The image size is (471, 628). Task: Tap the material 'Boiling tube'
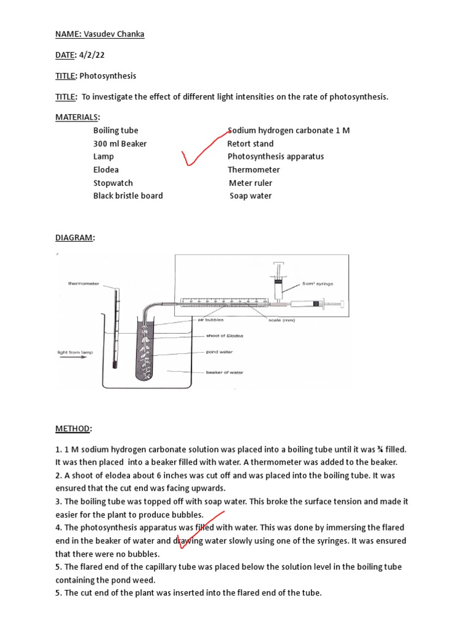pyautogui.click(x=116, y=131)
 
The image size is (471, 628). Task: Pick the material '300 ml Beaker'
pyautogui.click(x=120, y=144)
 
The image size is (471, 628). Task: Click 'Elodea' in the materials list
pyautogui.click(x=106, y=170)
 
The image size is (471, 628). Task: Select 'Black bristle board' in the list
pyautogui.click(x=128, y=196)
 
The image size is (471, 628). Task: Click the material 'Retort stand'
pyautogui.click(x=250, y=144)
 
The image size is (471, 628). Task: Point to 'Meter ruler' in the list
pyautogui.click(x=250, y=183)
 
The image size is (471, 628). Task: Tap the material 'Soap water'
pyautogui.click(x=250, y=196)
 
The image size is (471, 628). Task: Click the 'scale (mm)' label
pyautogui.click(x=282, y=320)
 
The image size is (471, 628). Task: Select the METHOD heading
pyautogui.click(x=74, y=428)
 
